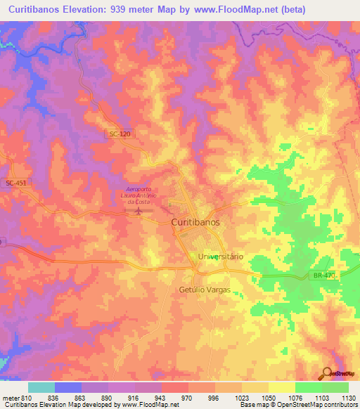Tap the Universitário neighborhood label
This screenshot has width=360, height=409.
[x=220, y=257]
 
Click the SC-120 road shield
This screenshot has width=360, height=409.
[x=120, y=134]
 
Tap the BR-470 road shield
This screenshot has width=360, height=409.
[x=324, y=275]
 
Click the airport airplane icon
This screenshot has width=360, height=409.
[x=139, y=210]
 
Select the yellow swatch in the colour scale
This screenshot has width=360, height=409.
[x=281, y=387]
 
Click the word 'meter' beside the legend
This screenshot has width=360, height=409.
[x=8, y=398]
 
